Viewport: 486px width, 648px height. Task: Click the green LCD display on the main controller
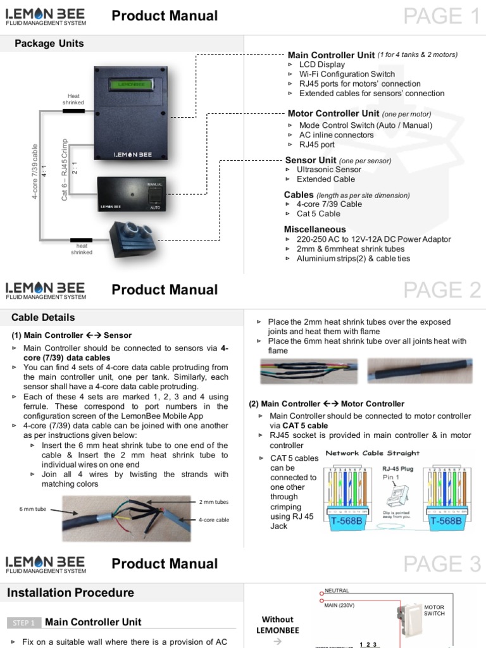point(130,84)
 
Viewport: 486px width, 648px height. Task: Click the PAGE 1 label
point(441,16)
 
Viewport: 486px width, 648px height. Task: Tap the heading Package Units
point(49,44)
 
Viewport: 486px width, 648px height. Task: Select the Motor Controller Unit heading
point(333,113)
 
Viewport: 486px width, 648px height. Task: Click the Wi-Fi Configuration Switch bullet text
point(347,74)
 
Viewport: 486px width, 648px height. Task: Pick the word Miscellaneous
point(315,229)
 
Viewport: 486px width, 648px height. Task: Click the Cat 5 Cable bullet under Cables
point(318,214)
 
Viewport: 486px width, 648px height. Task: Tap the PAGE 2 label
point(442,290)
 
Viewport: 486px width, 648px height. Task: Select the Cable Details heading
point(43,318)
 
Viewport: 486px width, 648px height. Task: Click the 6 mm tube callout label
point(33,509)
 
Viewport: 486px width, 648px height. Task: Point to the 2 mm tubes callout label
point(213,502)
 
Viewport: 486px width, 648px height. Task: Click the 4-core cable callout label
point(213,520)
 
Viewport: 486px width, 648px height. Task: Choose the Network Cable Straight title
point(372,453)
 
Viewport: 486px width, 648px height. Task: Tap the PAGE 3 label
point(442,564)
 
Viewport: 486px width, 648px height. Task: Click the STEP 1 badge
point(24,623)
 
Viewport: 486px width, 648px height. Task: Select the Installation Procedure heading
point(70,593)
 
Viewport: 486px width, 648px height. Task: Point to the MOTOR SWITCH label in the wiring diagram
point(434,610)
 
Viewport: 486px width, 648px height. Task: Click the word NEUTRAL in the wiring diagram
point(337,590)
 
